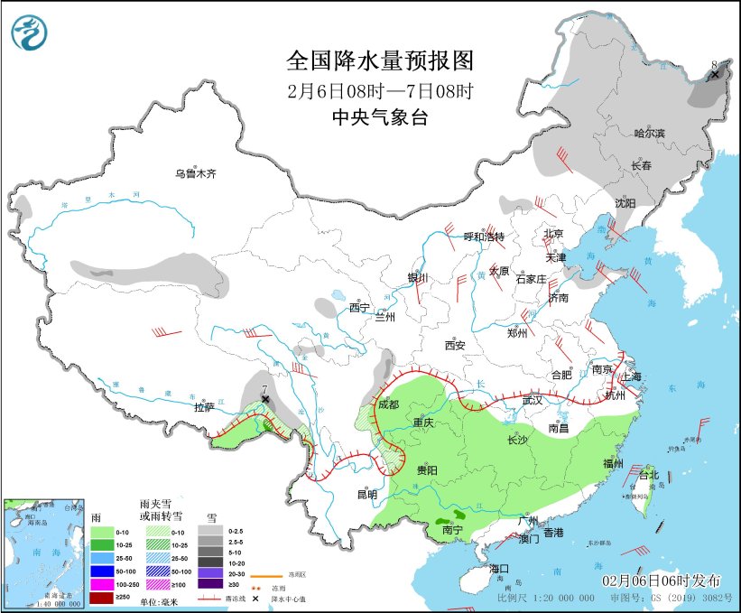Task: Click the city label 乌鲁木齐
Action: (x=196, y=173)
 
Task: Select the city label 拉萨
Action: (x=204, y=407)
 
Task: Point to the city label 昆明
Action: (x=366, y=494)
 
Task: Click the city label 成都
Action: (x=388, y=405)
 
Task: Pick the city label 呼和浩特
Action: (x=484, y=237)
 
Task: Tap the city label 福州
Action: (x=613, y=464)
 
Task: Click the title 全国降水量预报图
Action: (x=380, y=61)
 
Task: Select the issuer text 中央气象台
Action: (x=379, y=116)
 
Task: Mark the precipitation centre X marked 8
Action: (x=715, y=74)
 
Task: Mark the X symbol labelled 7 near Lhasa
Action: (x=265, y=398)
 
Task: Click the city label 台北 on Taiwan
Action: (x=650, y=475)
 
